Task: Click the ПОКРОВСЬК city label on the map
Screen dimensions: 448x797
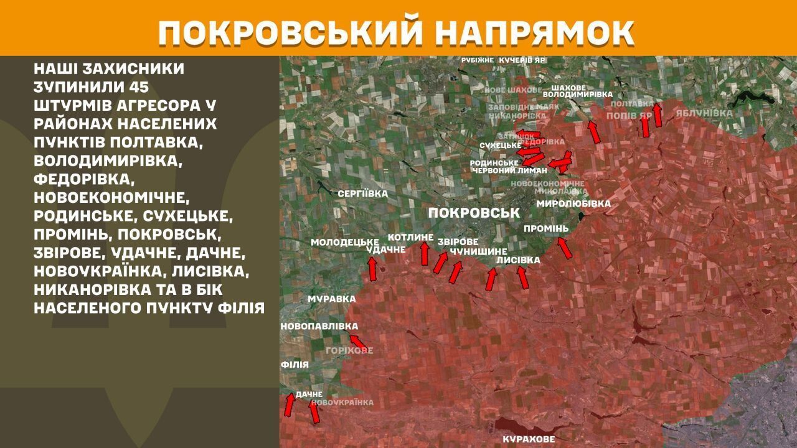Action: (474, 213)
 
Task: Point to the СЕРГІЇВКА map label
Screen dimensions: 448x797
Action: (362, 194)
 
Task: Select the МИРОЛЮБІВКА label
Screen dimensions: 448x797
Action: (573, 203)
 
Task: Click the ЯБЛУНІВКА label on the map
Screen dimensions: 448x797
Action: (704, 113)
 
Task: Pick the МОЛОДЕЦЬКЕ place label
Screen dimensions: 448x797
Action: (345, 241)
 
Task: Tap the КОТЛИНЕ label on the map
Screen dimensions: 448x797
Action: (410, 237)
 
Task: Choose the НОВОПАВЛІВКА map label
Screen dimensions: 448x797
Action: (319, 326)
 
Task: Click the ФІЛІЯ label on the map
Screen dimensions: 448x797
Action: (295, 364)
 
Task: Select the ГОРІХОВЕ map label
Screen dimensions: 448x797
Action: (349, 350)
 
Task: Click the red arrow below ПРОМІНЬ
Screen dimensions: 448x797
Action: (564, 248)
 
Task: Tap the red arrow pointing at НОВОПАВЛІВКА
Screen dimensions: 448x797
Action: (357, 341)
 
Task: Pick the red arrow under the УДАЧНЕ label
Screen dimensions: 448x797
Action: (373, 269)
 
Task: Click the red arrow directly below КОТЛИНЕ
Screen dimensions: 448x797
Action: (425, 253)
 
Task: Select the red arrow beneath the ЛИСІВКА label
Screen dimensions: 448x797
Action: (523, 277)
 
